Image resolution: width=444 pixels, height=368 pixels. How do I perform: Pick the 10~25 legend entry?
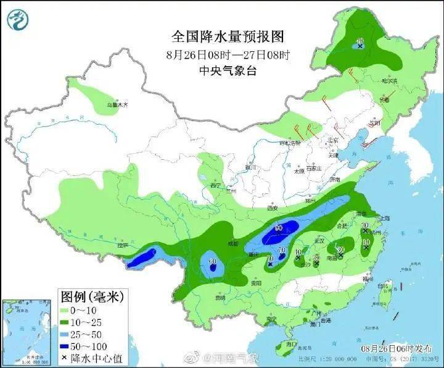point(83,323)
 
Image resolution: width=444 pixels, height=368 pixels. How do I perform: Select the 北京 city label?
point(334,140)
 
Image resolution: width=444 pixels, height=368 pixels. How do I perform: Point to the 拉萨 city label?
point(121,246)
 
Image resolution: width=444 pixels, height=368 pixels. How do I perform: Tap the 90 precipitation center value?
point(279,228)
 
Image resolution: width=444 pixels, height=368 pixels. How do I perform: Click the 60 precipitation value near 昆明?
point(212,262)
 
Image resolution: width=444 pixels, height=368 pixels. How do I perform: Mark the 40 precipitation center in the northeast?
point(360,42)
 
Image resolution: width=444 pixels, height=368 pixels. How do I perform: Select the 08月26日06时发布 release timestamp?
point(397,348)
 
